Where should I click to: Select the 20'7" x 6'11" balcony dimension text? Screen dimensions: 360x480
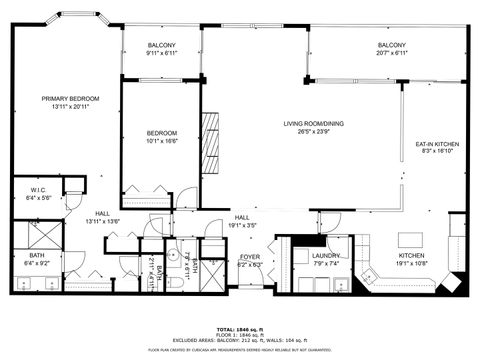click(x=391, y=54)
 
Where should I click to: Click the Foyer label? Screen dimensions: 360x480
click(x=249, y=257)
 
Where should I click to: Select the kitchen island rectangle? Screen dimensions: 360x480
click(x=411, y=240)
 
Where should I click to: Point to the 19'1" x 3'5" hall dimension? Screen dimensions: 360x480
click(x=243, y=226)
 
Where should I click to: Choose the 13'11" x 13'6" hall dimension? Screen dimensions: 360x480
click(x=102, y=221)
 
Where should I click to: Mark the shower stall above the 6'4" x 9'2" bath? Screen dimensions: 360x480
click(x=37, y=237)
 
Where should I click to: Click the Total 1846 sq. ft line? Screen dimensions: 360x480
click(x=240, y=329)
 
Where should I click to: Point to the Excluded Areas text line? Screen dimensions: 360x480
click(x=240, y=341)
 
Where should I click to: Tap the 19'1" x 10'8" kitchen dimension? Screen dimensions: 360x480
click(x=413, y=263)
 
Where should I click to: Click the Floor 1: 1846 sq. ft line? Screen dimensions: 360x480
click(x=240, y=335)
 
